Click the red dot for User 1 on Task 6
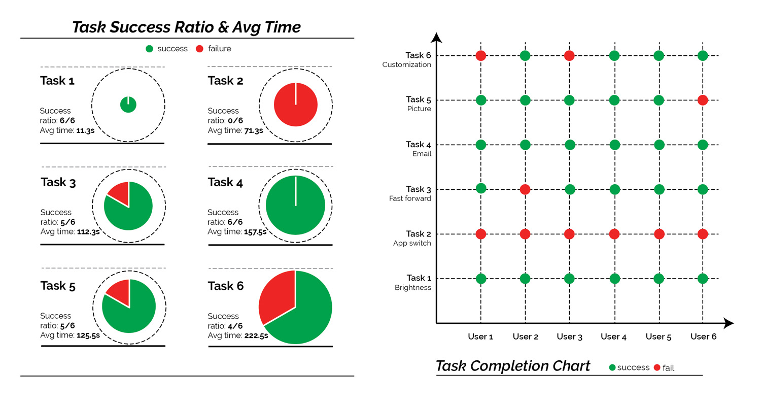click(x=480, y=55)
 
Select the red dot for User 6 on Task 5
click(x=703, y=100)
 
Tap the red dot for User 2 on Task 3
click(x=525, y=189)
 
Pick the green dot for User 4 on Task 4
click(x=614, y=145)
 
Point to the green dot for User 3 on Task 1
click(x=569, y=279)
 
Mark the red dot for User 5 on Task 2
click(x=659, y=234)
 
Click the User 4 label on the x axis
click(x=613, y=336)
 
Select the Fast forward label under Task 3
click(x=410, y=198)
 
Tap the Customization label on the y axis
click(x=407, y=64)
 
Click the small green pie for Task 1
click(x=128, y=105)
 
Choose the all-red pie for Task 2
click(x=296, y=105)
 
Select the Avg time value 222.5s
click(x=256, y=335)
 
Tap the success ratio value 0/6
click(x=235, y=121)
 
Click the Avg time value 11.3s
click(x=85, y=130)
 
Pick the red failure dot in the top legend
click(x=199, y=49)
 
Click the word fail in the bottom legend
click(x=668, y=368)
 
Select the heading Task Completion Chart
click(x=513, y=366)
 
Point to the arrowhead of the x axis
click(x=729, y=323)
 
